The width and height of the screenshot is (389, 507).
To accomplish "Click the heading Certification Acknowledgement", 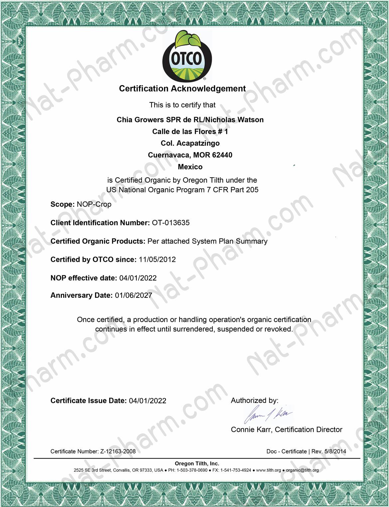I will coord(182,89).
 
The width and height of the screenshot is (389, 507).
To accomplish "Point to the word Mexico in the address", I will coord(190,167).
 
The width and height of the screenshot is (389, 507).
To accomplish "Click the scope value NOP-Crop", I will coord(94,204).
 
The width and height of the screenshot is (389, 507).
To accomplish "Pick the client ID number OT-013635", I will coord(171,223).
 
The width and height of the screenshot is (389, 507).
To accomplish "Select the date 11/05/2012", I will coord(157,259).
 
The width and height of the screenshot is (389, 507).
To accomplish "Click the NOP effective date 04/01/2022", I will coord(138,278).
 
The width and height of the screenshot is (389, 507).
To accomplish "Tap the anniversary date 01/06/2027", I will coord(134,295).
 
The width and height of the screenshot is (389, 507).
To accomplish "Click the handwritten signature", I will coord(267,414).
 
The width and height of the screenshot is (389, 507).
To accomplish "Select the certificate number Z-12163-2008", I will coord(118,451).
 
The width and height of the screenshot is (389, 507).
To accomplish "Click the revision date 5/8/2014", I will coord(335,451).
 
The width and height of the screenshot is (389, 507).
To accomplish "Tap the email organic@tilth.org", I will coord(302,470).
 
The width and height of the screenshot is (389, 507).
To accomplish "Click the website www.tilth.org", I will coord(268,470).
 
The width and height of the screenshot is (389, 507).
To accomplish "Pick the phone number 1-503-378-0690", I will coord(192,470).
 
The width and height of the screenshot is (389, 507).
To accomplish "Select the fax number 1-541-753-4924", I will coord(236,470).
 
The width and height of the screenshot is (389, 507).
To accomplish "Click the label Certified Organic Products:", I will coord(98,241).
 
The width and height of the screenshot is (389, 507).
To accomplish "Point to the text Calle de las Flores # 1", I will coord(190,132).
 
